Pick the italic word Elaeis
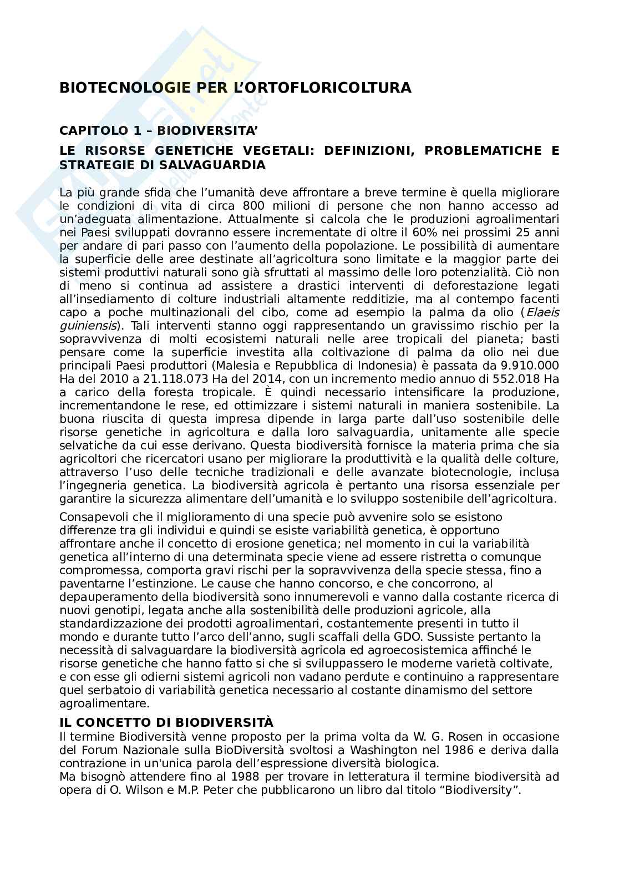[x=542, y=312]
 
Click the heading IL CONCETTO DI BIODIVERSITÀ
[x=166, y=722]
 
